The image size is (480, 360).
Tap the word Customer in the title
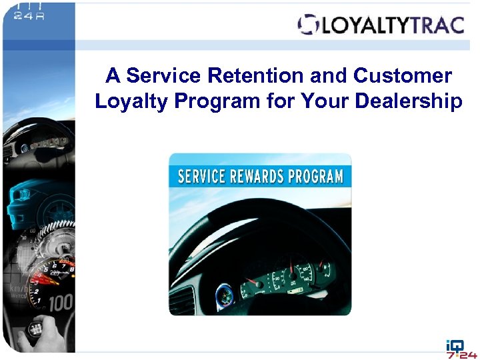tap(403, 76)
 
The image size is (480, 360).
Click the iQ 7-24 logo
tap(461, 348)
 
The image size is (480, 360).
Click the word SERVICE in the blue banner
tap(203, 177)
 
